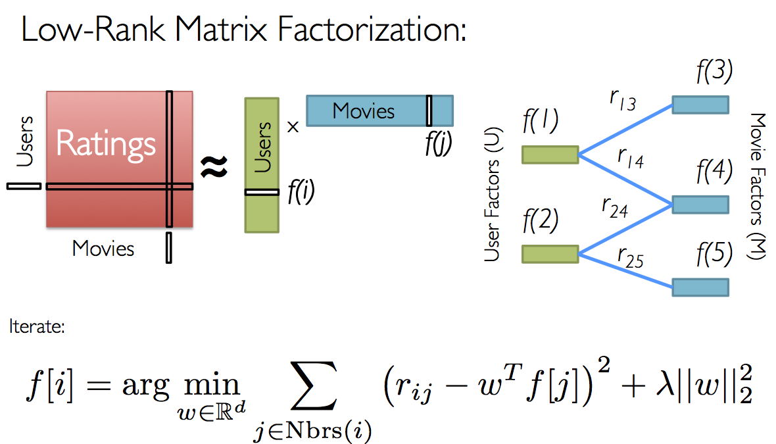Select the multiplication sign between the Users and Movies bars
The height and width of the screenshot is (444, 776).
(x=293, y=127)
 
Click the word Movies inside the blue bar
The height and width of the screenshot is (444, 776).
(x=364, y=111)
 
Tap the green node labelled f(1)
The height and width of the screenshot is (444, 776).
(x=550, y=155)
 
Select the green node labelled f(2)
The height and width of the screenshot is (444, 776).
(x=550, y=254)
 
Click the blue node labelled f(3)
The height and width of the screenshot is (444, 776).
(x=700, y=105)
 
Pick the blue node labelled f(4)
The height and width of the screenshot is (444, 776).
(x=700, y=205)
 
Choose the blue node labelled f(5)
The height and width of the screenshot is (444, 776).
(x=700, y=287)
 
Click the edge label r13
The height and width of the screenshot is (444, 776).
(x=621, y=101)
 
